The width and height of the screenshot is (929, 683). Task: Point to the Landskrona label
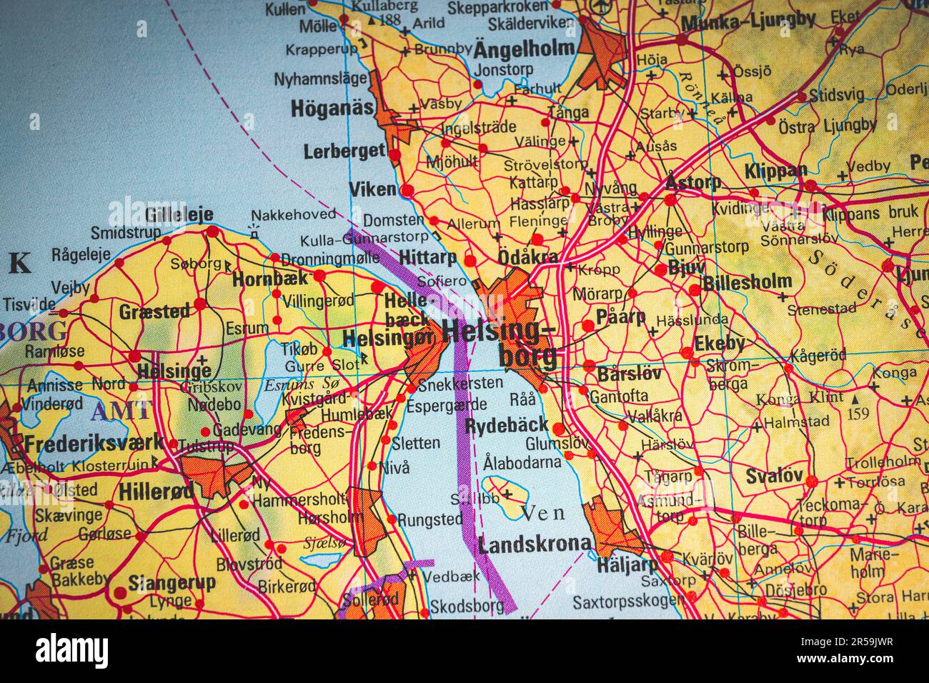535,545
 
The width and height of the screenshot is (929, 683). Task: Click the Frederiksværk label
93,443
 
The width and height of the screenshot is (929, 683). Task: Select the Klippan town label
775,171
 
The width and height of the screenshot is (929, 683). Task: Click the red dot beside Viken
407,190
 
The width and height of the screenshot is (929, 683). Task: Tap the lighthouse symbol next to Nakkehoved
253,231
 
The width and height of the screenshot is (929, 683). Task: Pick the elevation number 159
858,413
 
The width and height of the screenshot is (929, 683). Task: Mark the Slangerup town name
172,582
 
